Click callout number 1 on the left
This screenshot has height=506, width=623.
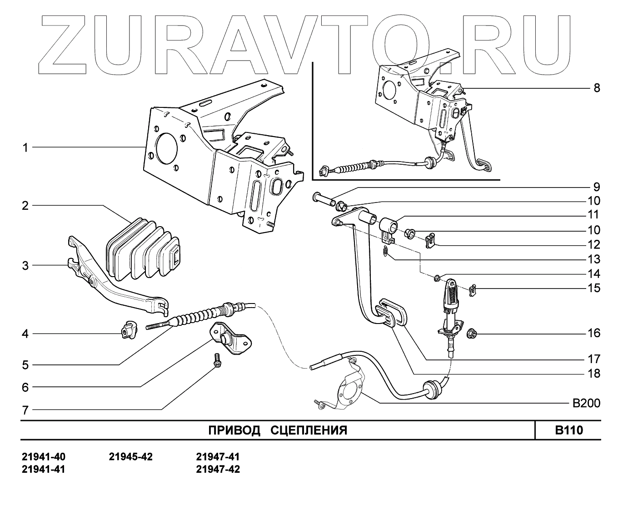click(x=25, y=147)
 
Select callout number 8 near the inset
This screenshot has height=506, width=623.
click(x=597, y=88)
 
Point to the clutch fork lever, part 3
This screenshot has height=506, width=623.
click(x=114, y=287)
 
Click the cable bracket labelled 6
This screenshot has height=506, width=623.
click(x=229, y=337)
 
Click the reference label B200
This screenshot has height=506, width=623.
click(x=586, y=403)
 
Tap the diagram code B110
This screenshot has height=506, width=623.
click(x=568, y=430)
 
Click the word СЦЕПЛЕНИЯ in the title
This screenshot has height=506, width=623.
click(x=309, y=430)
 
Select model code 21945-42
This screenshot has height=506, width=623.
click(x=131, y=456)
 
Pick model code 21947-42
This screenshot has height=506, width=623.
click(x=218, y=469)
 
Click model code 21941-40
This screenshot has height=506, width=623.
click(x=44, y=456)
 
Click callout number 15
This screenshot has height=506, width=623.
click(x=593, y=288)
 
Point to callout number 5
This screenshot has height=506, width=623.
click(x=25, y=364)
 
